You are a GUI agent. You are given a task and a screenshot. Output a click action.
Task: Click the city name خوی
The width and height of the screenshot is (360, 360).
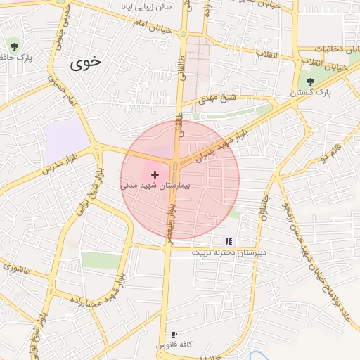coord(85,62)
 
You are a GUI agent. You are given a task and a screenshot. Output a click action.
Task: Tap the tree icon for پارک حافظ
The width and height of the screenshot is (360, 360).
coord(14,47)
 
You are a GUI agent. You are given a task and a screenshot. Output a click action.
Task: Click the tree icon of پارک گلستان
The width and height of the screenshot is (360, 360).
coord(310,82)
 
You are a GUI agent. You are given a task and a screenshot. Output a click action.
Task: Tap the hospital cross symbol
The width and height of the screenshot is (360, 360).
coord(155,174)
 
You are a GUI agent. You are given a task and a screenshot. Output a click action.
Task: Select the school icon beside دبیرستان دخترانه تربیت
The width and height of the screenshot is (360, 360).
coord(228,240)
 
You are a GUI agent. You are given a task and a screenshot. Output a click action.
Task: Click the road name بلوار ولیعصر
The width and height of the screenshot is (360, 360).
coord(170,217)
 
